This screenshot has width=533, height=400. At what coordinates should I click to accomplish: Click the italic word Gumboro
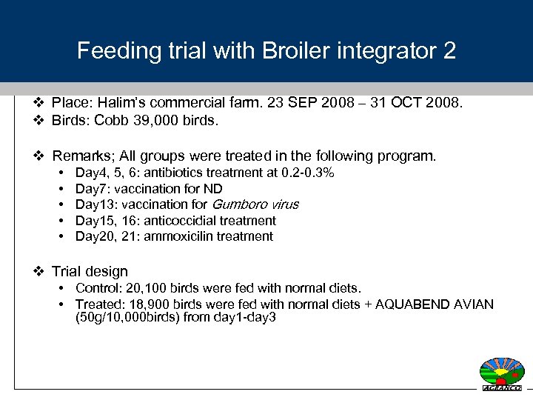[x=239, y=204]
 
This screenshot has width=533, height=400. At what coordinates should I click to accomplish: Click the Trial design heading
[x=90, y=272]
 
